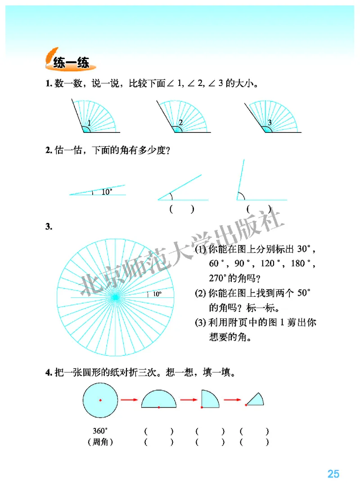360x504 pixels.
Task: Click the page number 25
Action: click(333, 474)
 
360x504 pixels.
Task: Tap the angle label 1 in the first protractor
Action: click(89, 123)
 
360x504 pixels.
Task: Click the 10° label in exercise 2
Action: click(107, 192)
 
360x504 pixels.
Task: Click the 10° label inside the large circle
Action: click(157, 294)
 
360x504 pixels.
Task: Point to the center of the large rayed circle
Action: click(115, 297)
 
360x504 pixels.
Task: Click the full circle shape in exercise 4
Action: click(100, 400)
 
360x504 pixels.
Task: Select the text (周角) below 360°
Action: click(100, 442)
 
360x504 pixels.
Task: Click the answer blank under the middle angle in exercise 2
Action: click(182, 209)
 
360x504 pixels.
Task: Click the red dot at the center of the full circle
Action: click(100, 400)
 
